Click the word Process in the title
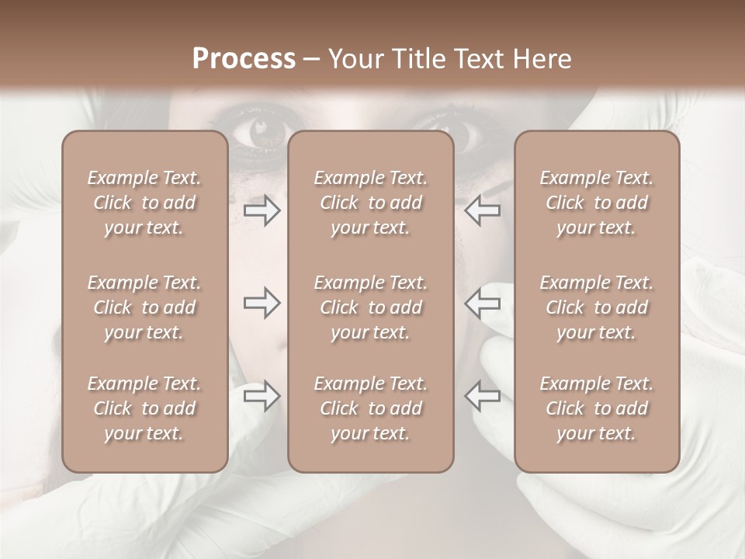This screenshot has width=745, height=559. click(244, 59)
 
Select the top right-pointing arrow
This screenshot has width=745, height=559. click(262, 210)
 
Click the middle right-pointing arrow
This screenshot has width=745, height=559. click(262, 304)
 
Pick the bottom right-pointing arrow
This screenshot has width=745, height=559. click(262, 396)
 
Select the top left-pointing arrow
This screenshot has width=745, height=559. click(483, 210)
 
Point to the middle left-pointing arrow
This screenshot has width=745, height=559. click(483, 304)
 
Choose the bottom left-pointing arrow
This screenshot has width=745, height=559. click(483, 396)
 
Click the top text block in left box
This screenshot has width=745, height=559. click(144, 203)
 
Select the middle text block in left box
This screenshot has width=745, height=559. click(144, 307)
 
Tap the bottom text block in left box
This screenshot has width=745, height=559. click(144, 408)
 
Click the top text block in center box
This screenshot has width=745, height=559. click(371, 203)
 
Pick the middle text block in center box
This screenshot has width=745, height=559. click(371, 307)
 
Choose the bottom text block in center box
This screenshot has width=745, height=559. click(371, 408)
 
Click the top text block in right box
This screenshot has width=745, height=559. click(597, 203)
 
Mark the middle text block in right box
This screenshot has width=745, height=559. click(597, 307)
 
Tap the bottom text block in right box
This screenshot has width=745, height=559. click(597, 408)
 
